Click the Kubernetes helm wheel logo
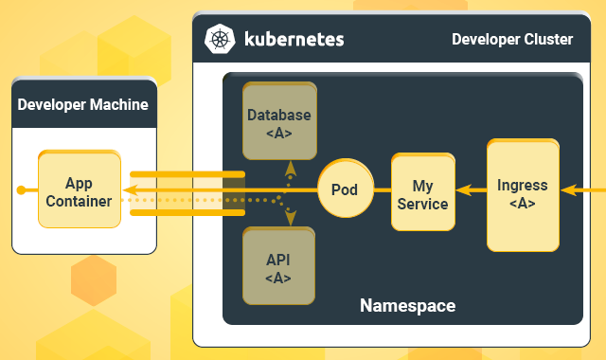tap(221, 39)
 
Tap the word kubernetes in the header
tap(294, 39)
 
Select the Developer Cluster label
tap(511, 39)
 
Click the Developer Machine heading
tap(83, 104)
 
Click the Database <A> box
tap(278, 123)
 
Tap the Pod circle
tap(344, 189)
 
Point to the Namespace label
tap(407, 306)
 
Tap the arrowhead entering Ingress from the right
tap(566, 190)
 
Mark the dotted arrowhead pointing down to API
tap(291, 219)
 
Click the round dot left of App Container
tap(20, 190)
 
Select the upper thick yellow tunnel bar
tap(187, 173)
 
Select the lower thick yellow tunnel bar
tap(187, 211)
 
